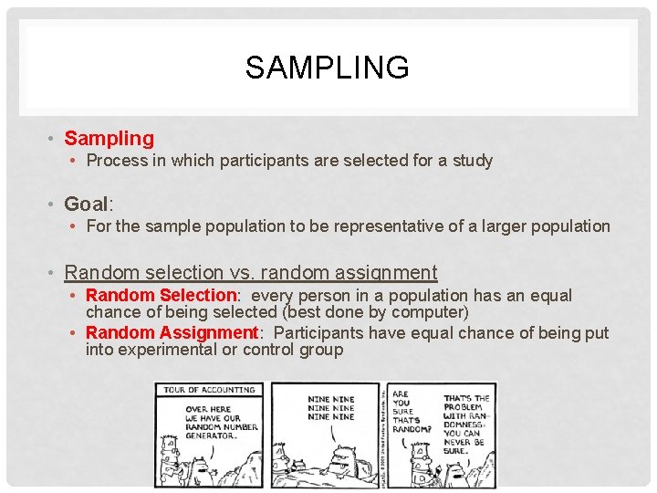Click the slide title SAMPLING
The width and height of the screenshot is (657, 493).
click(x=328, y=68)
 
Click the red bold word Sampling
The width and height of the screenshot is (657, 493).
click(x=109, y=139)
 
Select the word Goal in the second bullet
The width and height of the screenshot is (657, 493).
click(x=87, y=203)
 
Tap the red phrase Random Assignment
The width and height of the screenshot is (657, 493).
click(x=172, y=333)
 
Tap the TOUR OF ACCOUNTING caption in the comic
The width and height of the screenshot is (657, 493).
click(x=209, y=390)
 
